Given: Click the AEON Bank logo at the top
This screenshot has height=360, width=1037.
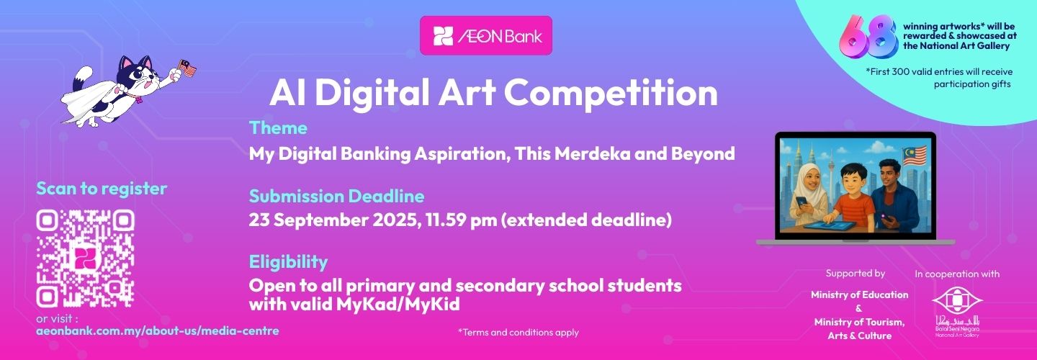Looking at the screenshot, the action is [x=486, y=35].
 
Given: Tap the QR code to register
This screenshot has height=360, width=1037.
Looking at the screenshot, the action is [x=85, y=258].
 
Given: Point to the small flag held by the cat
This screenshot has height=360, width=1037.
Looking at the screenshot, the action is [x=187, y=68].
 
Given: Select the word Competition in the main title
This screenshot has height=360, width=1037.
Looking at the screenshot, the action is [x=611, y=94].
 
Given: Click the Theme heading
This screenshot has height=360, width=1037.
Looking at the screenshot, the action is [x=278, y=127].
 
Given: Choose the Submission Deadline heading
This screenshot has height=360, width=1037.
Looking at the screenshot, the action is [x=336, y=196].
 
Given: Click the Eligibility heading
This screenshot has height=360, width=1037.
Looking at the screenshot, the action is [x=288, y=262].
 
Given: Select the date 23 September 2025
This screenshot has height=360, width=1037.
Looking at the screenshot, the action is [x=333, y=220].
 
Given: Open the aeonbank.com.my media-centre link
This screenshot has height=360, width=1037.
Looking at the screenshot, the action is [x=158, y=331].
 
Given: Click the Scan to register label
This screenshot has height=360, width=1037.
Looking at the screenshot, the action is [x=102, y=189].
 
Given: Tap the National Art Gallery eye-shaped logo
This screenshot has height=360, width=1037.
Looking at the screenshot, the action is [x=957, y=300].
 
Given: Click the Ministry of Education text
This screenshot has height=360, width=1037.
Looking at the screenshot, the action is [x=859, y=294].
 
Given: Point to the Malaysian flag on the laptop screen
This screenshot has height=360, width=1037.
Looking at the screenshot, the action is [x=915, y=156].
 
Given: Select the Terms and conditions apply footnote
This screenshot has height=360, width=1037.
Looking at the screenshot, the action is [x=518, y=332].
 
